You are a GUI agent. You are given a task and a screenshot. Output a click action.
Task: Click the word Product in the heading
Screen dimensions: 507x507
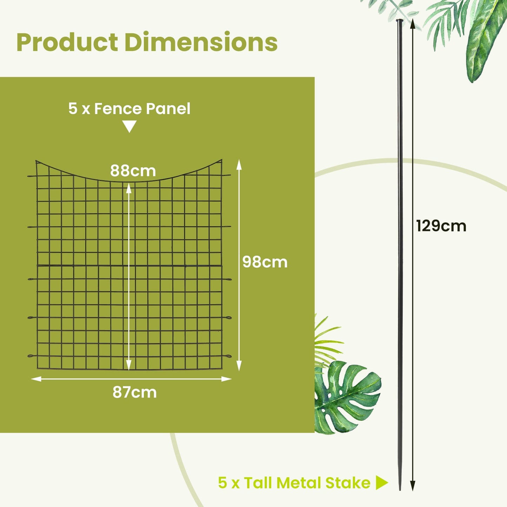point(67,42)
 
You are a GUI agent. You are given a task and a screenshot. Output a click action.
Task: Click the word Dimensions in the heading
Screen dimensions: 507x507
point(201,42)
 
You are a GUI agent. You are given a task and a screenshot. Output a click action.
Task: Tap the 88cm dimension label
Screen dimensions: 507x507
point(133,171)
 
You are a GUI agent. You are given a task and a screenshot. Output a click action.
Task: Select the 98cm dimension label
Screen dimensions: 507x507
point(265,262)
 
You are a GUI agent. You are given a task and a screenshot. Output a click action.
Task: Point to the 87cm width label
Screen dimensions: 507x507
point(134,392)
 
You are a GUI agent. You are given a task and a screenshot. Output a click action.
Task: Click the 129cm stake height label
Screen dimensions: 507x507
point(441,226)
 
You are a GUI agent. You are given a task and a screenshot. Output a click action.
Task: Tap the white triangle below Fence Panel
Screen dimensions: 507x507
point(129,126)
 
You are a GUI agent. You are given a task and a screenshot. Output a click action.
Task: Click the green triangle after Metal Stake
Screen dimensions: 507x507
point(381,483)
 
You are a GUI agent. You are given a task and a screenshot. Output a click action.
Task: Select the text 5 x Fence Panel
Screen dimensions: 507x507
point(129,109)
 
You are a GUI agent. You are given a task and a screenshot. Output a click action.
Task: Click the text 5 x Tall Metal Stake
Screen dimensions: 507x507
point(294,483)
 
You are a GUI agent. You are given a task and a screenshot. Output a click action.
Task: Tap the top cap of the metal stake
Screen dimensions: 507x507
point(400,21)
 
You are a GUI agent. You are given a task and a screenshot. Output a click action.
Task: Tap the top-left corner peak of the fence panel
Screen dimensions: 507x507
point(36,161)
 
